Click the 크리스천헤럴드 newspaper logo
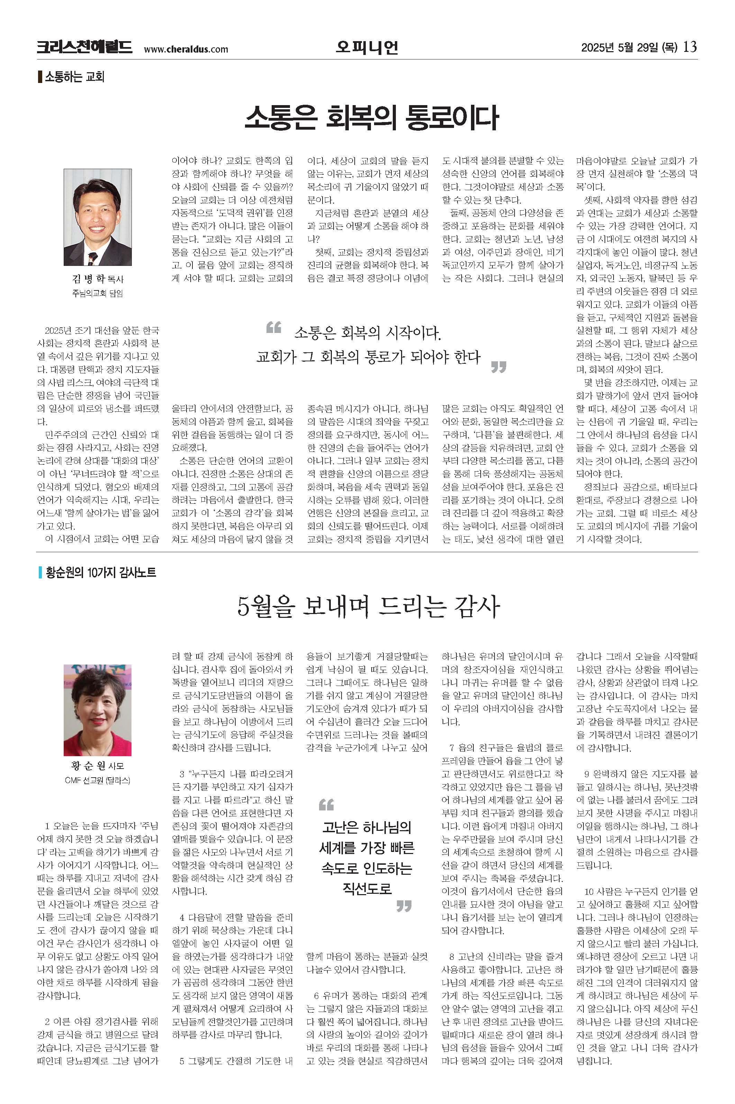click(84, 47)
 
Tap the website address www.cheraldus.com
click(185, 49)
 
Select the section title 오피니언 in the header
click(367, 47)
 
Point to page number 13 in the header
click(690, 47)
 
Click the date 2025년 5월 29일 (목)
click(629, 48)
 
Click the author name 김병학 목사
click(98, 279)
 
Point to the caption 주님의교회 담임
click(98, 294)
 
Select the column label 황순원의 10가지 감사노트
click(100, 572)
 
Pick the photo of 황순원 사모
click(98, 709)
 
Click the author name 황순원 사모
click(98, 766)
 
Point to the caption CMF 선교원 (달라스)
click(98, 780)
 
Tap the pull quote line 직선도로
click(367, 889)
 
